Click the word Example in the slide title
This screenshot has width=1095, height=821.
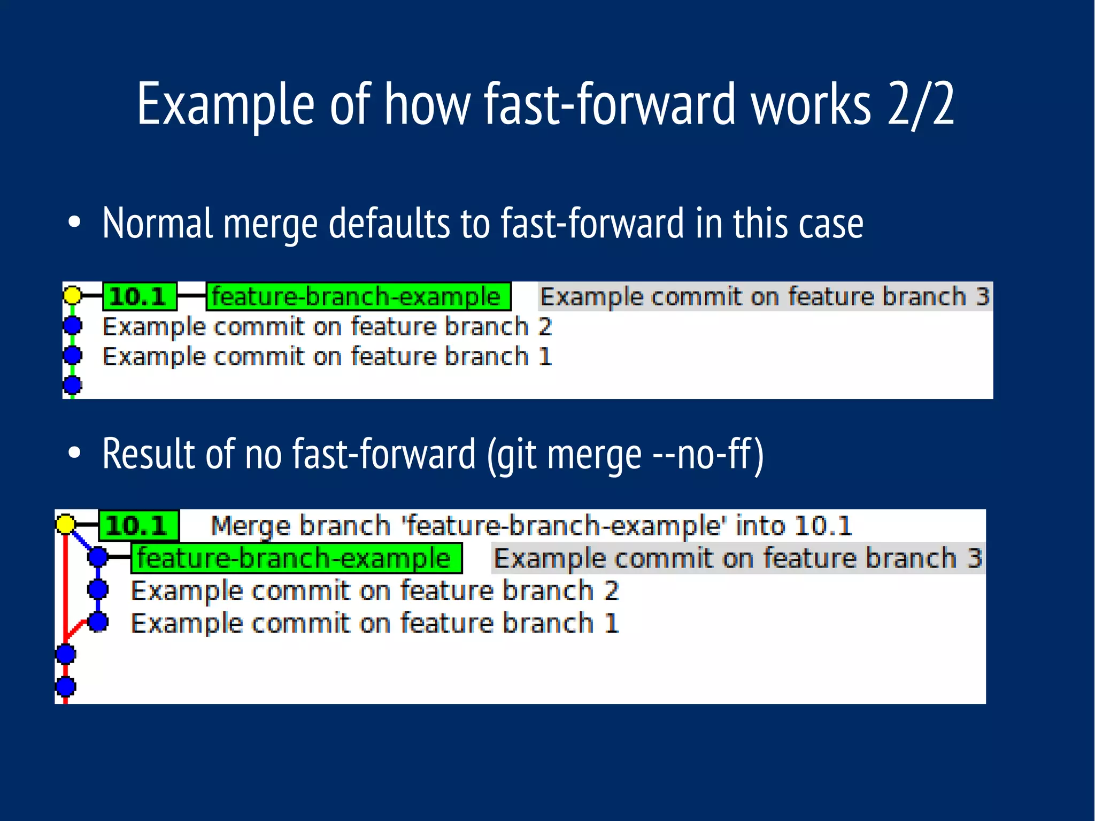pyautogui.click(x=225, y=104)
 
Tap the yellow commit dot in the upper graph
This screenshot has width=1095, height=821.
pyautogui.click(x=73, y=295)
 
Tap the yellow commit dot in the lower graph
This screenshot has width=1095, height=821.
pyautogui.click(x=66, y=524)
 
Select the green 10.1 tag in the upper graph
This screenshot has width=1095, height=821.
pyautogui.click(x=139, y=296)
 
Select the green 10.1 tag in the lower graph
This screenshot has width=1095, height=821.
pyautogui.click(x=138, y=526)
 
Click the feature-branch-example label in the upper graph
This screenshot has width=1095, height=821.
pyautogui.click(x=358, y=296)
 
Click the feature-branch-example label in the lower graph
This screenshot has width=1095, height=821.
pyautogui.click(x=296, y=558)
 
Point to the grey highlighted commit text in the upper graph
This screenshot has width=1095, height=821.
pyautogui.click(x=765, y=296)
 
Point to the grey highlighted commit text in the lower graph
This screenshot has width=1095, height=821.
pyautogui.click(x=737, y=558)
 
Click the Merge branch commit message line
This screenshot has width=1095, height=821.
pyautogui.click(x=531, y=526)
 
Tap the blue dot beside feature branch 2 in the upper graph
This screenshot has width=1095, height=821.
pyautogui.click(x=73, y=325)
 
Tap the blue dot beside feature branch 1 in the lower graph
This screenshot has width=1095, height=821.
pyautogui.click(x=98, y=622)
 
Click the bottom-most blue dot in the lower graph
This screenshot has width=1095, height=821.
pyautogui.click(x=66, y=686)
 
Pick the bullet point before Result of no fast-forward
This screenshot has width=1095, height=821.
pyautogui.click(x=74, y=453)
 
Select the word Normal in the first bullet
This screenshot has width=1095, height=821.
pyautogui.click(x=158, y=223)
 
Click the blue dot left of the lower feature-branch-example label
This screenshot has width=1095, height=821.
pyautogui.click(x=98, y=557)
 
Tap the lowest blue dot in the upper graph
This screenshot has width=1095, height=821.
pyautogui.click(x=73, y=384)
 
